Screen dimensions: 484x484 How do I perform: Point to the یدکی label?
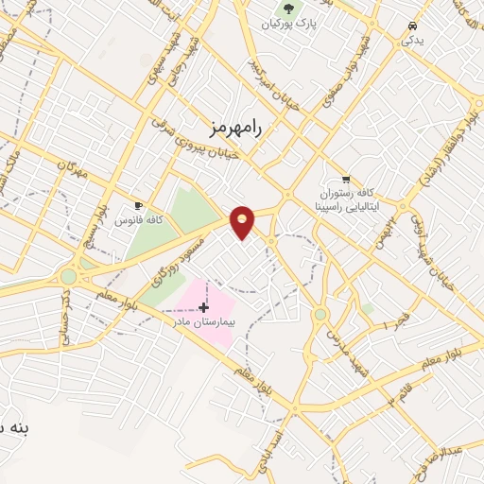point(412,41)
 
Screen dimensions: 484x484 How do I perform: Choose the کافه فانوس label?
point(139,220)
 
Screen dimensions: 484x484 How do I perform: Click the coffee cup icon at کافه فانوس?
point(139,205)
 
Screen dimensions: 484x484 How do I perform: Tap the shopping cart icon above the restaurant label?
point(346,178)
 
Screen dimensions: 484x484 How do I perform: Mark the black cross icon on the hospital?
point(203,307)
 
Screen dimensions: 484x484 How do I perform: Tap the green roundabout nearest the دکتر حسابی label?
point(68,277)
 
